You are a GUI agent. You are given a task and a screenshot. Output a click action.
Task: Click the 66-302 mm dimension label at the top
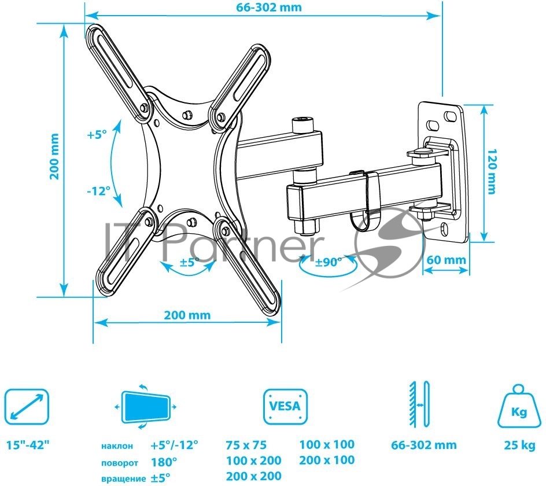[269, 8]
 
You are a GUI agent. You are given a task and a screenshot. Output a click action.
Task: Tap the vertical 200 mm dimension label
[54, 156]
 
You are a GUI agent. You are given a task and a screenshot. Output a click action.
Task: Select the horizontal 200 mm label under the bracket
[187, 315]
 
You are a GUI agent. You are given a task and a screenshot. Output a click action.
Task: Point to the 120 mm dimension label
[491, 171]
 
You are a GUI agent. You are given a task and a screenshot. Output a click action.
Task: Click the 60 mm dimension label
[447, 260]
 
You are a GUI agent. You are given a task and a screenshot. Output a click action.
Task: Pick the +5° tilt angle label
[97, 134]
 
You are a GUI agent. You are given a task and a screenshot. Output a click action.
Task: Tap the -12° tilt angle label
[98, 190]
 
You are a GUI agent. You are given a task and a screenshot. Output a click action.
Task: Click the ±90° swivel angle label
[329, 262]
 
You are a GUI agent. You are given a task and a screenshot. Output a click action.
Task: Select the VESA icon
[285, 407]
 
